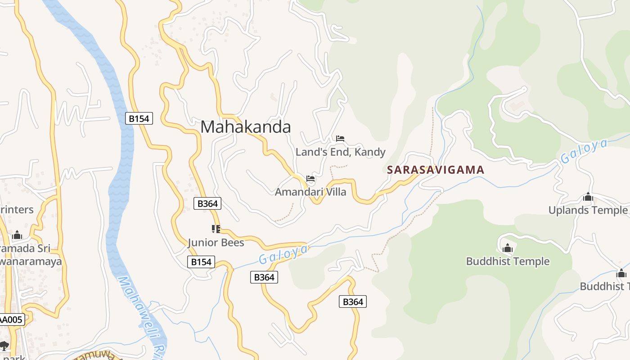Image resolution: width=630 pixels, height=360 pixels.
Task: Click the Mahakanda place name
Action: coord(246,127)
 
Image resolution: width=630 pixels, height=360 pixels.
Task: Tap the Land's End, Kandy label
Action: coord(340,152)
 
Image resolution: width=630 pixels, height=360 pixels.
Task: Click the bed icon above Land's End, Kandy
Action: coord(340,139)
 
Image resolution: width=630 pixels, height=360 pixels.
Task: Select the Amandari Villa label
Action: coord(310,192)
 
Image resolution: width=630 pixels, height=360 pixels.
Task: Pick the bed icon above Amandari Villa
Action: coord(310,179)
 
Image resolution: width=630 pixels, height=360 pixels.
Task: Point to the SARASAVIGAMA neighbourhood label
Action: coord(436,170)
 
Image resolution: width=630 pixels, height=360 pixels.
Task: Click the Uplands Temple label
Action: coord(588,210)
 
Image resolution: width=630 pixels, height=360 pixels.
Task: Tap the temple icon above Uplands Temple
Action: coord(588,197)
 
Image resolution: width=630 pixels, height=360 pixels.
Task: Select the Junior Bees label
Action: coord(216,243)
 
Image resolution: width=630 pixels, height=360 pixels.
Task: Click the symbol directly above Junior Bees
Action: coord(216,229)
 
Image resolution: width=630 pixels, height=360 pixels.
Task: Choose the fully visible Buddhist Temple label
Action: coord(508,261)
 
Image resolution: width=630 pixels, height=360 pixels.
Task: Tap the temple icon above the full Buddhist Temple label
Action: coord(508,248)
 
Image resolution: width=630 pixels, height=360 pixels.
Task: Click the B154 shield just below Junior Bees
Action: coord(201,262)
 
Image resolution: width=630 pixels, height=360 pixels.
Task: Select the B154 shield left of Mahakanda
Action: coord(139,118)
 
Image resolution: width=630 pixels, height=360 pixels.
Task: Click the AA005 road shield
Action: coord(11,320)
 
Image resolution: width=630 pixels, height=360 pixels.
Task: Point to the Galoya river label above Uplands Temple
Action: coord(584,151)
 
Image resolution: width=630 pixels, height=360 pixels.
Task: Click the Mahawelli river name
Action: coord(139,315)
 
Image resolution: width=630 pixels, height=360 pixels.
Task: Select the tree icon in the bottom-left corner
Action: coord(4,346)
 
